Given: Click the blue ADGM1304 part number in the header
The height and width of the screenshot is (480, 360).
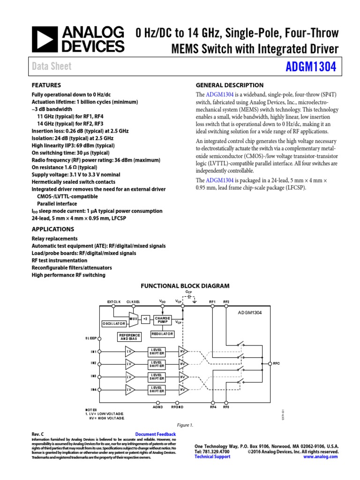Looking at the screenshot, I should tap(310, 67).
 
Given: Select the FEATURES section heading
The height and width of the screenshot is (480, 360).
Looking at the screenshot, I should tap(46, 85).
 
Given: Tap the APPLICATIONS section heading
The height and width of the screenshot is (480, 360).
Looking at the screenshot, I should tap(52, 229).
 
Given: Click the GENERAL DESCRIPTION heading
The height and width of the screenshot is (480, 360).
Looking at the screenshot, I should tap(229, 85).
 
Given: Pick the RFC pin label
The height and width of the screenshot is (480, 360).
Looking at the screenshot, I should tap(276, 363).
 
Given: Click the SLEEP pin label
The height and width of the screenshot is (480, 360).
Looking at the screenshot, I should tap(91, 337).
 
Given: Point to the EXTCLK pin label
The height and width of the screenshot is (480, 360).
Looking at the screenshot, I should tap(114, 302).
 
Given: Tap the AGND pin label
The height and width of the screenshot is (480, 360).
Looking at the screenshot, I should tap(157, 407).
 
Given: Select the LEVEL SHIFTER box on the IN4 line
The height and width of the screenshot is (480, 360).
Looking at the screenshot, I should tap(157, 389).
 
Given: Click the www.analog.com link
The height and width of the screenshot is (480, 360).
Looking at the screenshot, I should tap(321, 457).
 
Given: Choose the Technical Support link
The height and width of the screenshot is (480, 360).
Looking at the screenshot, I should tap(212, 457).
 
